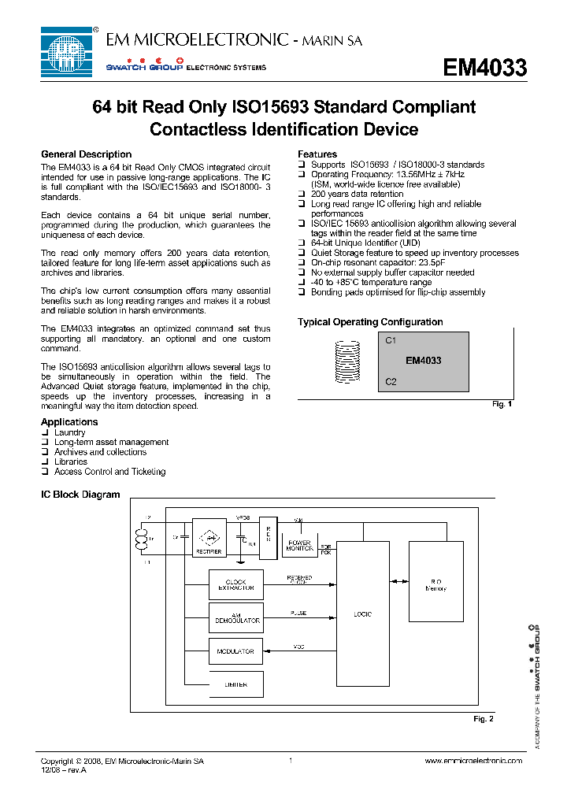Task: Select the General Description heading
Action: pos(87,154)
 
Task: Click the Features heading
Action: pos(317,154)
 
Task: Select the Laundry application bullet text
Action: pos(70,432)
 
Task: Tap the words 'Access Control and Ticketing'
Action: pos(109,472)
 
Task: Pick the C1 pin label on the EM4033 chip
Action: pos(391,340)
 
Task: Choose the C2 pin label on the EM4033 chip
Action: pos(391,382)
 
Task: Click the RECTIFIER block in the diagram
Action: pos(210,539)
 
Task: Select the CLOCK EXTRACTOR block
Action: pos(236,585)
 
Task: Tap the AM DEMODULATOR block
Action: pos(236,618)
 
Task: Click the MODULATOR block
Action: pos(236,652)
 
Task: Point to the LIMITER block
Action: pos(236,684)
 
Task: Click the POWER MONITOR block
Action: pos(299,543)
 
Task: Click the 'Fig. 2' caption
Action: pos(484,719)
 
